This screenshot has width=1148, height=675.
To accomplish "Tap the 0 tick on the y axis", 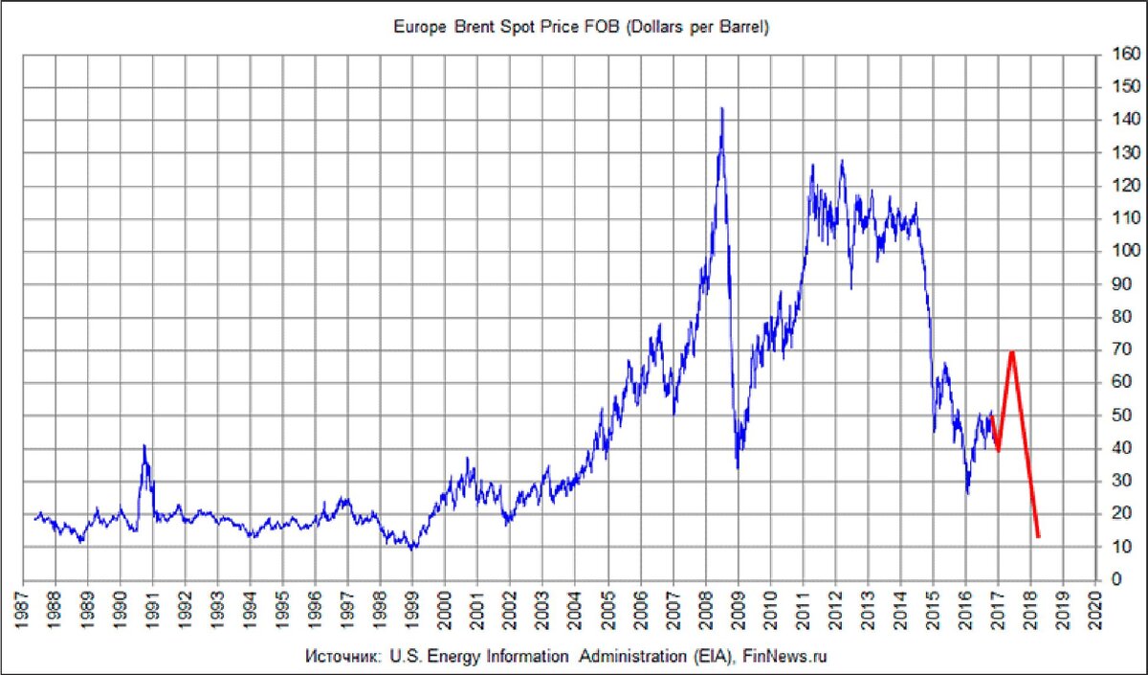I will (1114, 580).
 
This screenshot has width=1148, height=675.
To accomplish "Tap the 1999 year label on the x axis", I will (412, 607).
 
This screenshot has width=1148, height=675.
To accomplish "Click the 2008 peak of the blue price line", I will (721, 108).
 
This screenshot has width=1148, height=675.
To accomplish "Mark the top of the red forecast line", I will (1011, 351).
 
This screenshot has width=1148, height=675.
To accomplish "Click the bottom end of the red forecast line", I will (1038, 537).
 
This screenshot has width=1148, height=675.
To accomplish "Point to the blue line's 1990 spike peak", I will (143, 445).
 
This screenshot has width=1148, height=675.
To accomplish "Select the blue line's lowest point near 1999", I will (412, 549).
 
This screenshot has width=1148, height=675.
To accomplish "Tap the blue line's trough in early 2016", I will (967, 493).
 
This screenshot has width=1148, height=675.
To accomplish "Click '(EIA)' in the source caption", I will (714, 658).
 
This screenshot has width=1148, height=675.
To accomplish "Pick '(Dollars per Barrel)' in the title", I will (697, 28).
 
